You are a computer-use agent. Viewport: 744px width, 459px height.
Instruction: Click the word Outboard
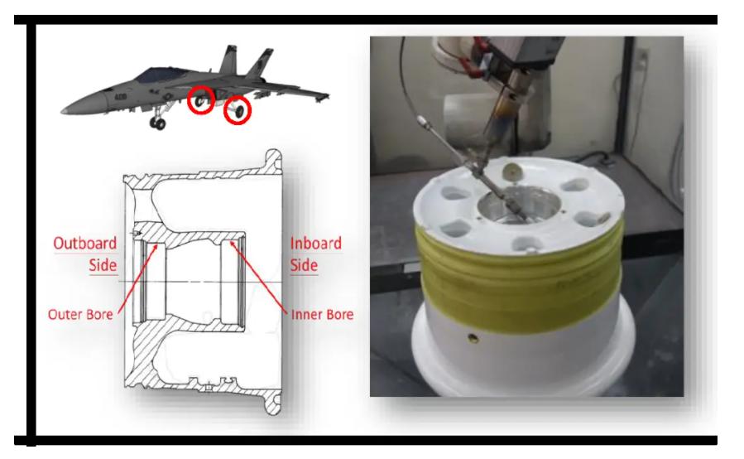coord(85,243)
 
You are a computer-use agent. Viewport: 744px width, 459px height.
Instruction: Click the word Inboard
coord(315,243)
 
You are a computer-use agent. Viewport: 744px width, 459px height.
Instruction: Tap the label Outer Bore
coord(80,314)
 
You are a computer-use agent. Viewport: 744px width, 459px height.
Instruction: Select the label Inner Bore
coord(322,314)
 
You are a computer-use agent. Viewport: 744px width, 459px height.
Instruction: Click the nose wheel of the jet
coord(157,123)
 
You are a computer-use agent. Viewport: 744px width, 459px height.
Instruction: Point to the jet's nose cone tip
coord(62,111)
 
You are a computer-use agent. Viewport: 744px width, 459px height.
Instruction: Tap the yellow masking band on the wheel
coord(520,280)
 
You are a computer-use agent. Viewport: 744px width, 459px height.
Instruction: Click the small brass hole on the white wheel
coord(473,338)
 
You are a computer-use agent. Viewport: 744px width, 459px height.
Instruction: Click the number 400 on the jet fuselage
coord(120,97)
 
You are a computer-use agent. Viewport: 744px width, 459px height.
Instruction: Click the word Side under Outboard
coord(103,264)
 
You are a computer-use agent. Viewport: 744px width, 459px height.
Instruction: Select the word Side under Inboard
coord(305,264)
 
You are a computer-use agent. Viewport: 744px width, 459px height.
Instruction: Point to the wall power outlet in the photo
coord(642,60)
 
